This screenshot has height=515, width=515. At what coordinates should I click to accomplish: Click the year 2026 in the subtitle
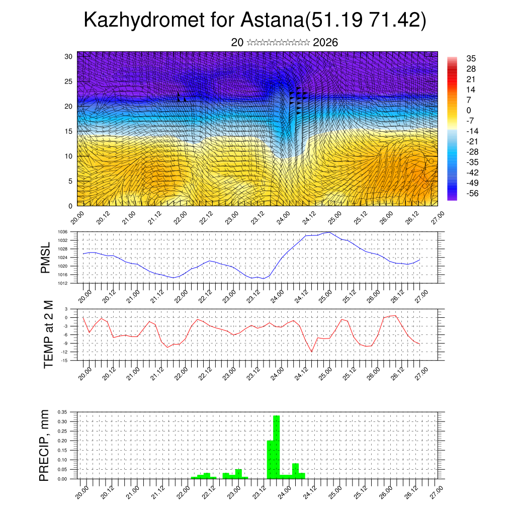click(325, 43)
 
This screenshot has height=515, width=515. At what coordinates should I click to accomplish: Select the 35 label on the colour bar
click(471, 58)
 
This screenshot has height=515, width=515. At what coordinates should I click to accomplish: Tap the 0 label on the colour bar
click(469, 110)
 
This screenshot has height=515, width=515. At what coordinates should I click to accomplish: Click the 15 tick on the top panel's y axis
click(69, 131)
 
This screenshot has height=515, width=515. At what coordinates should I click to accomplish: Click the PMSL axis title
click(46, 258)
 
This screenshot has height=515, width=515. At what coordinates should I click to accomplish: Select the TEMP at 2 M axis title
click(48, 334)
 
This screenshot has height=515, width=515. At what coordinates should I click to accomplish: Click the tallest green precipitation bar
click(276, 447)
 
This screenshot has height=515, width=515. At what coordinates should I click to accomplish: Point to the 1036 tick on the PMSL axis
click(63, 232)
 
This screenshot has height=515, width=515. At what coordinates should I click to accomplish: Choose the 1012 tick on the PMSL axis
click(63, 283)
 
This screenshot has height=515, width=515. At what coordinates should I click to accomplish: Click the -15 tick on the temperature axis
click(64, 360)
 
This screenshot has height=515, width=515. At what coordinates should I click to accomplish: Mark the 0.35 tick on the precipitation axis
click(62, 412)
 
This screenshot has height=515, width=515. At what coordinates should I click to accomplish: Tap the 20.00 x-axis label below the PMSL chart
click(84, 296)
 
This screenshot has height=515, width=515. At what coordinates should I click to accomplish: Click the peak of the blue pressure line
click(329, 232)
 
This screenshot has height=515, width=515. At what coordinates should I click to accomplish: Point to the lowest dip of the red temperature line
click(312, 352)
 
